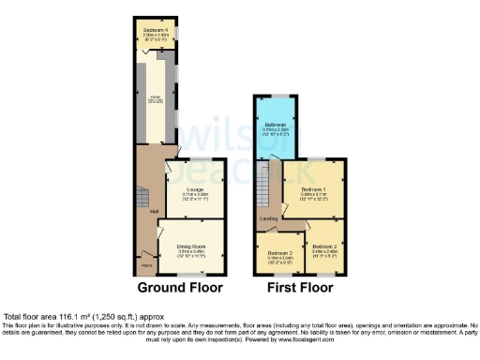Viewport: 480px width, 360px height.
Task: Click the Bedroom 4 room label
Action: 155,31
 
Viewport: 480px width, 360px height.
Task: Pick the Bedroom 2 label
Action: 323,246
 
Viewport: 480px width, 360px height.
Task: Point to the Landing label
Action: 269,219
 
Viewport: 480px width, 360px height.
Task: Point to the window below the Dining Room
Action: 193,272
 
